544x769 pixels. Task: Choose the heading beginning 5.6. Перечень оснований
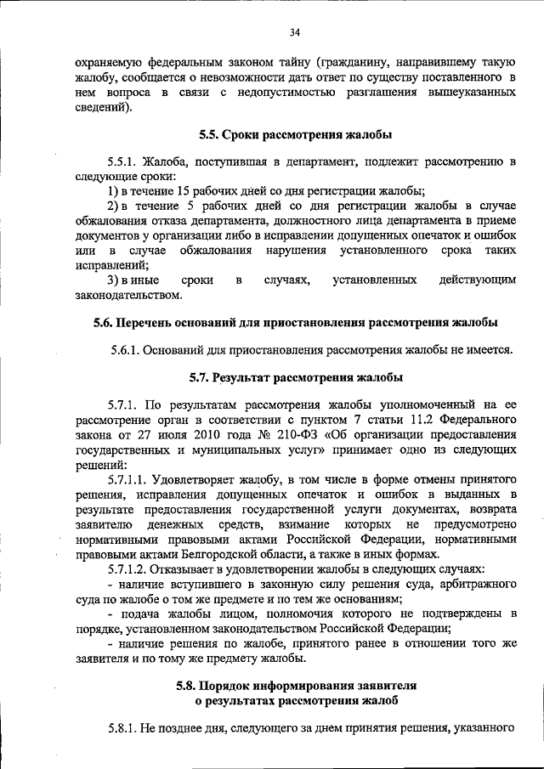coord(294,322)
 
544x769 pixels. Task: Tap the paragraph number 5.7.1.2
coord(129,569)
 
